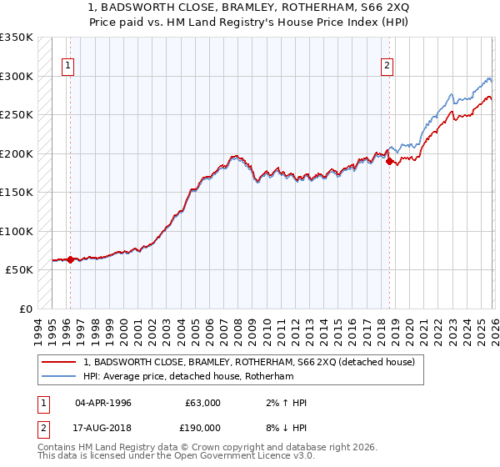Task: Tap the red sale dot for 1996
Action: pyautogui.click(x=70, y=259)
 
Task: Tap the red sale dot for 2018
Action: pyautogui.click(x=390, y=161)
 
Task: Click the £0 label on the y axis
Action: pyautogui.click(x=24, y=309)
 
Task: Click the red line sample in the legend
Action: pyautogui.click(x=59, y=361)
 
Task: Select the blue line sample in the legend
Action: pyautogui.click(x=59, y=376)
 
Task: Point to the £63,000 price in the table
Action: pyautogui.click(x=202, y=403)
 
